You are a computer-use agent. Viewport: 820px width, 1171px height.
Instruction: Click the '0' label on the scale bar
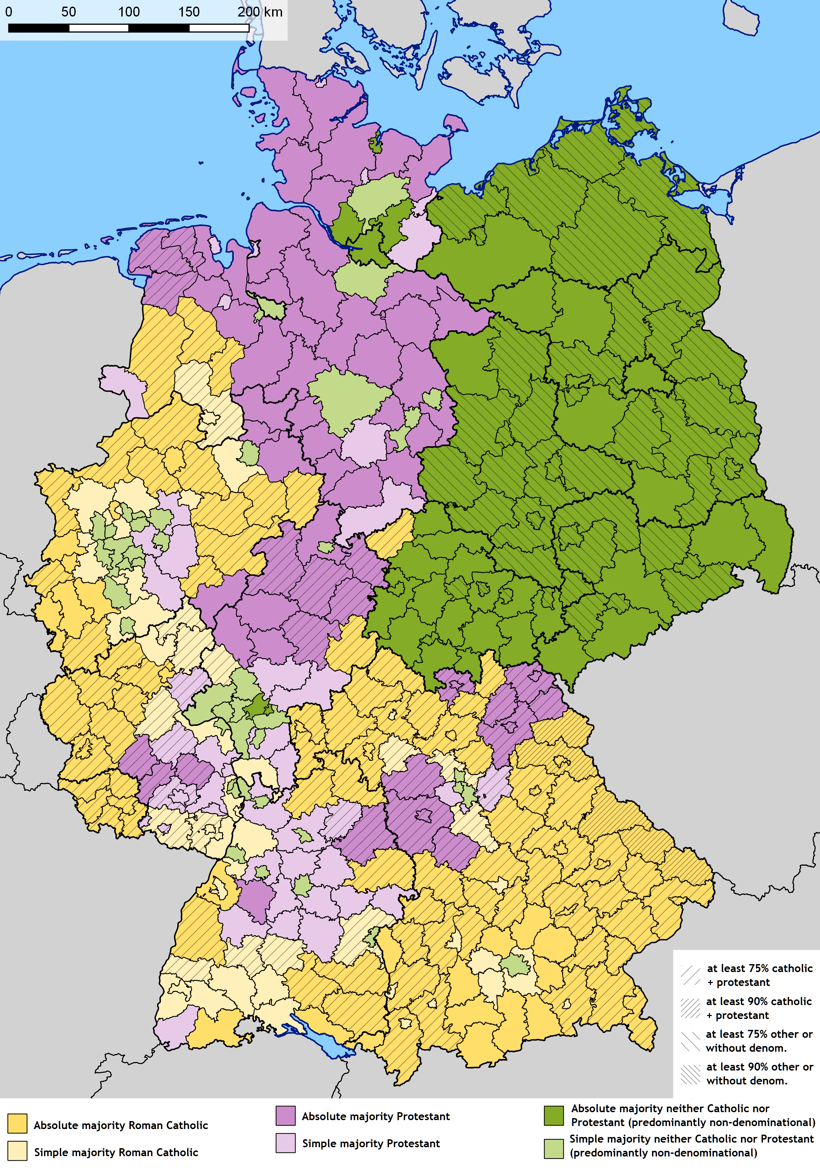[9, 12]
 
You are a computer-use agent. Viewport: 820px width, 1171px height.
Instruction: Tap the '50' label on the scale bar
[68, 12]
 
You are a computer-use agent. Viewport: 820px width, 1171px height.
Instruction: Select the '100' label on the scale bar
[129, 12]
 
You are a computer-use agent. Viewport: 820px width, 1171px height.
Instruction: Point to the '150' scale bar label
[189, 12]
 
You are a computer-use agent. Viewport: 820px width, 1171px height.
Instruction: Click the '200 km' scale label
[260, 12]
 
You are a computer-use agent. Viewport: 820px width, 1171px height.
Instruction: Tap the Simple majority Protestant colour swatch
[285, 1143]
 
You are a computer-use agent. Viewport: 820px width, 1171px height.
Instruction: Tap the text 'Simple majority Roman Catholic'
[116, 1152]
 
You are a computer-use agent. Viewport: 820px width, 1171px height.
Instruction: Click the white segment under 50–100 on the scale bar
[99, 28]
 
